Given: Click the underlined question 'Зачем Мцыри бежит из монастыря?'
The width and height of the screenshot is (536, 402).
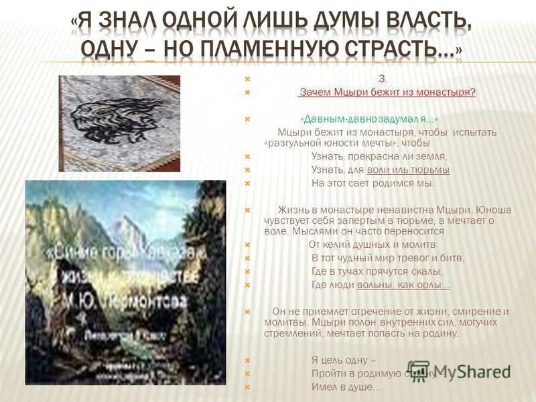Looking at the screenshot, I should (x=387, y=92).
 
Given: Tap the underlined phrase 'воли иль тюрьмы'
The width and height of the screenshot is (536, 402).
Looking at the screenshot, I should (x=408, y=170).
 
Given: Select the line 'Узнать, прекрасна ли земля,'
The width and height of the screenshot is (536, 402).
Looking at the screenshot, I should (x=379, y=156).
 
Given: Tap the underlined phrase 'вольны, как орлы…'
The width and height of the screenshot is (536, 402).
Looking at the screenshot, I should (x=403, y=285).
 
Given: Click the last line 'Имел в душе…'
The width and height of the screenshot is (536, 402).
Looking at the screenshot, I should (x=346, y=387).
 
